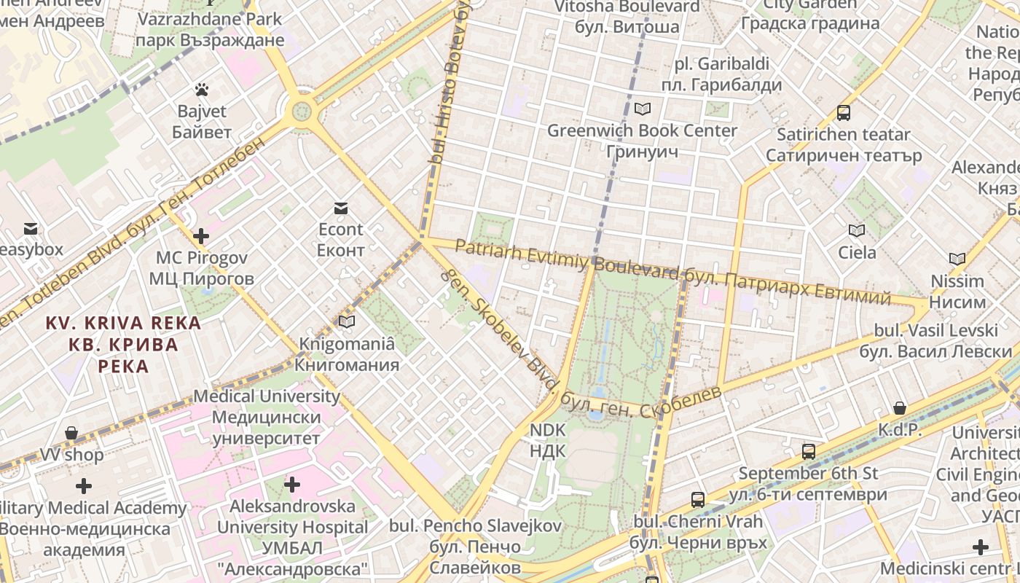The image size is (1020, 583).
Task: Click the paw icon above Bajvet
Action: [x=202, y=90]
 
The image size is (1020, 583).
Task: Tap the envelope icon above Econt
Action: [x=340, y=208]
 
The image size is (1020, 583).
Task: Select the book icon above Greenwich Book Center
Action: [x=642, y=109]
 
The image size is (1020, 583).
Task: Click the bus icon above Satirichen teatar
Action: [x=844, y=113]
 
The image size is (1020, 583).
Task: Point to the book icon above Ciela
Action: [x=857, y=231]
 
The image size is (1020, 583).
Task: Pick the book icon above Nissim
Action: [x=957, y=259]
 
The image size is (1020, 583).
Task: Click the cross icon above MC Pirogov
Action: [x=201, y=236]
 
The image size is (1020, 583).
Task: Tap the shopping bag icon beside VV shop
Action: [x=71, y=434]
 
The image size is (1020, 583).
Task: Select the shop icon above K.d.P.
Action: [x=900, y=408]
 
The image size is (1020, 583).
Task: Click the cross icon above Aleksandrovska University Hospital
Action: [x=292, y=485]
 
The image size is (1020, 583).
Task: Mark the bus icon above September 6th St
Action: [x=808, y=452]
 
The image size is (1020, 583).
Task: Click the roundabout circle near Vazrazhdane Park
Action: [x=300, y=112]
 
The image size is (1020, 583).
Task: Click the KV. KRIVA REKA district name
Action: [x=123, y=344]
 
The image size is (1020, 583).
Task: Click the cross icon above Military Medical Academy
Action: [x=84, y=486]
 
